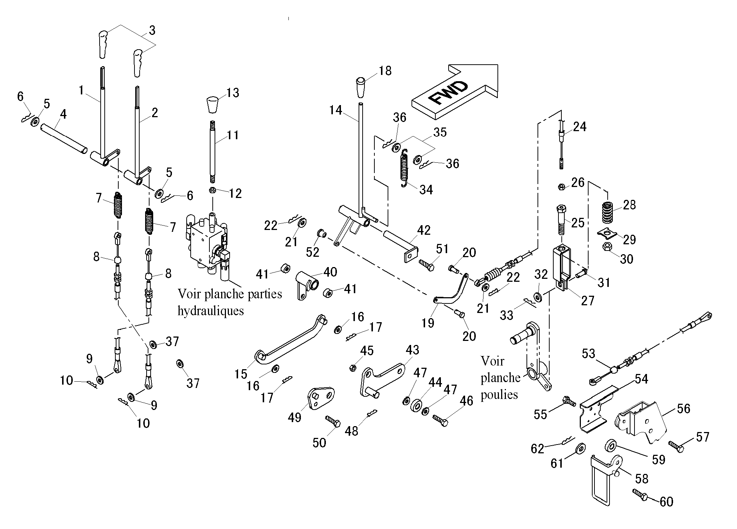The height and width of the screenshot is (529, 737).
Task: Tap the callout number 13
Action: click(x=233, y=93)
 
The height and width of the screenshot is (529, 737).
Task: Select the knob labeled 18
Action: click(x=361, y=87)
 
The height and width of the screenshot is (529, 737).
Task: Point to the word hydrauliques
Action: click(x=211, y=311)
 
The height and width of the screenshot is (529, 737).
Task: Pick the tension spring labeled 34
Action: click(x=405, y=168)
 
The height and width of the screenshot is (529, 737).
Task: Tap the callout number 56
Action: click(x=683, y=409)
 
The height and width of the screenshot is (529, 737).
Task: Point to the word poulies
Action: click(x=499, y=394)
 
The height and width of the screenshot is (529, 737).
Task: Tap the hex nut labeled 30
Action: click(x=607, y=246)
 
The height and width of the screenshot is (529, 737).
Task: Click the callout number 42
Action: click(x=424, y=230)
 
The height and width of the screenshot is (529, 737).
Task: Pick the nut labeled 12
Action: click(x=212, y=190)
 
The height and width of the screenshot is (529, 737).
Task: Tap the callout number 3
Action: click(x=152, y=30)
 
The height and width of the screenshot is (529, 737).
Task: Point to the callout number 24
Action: click(x=580, y=127)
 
